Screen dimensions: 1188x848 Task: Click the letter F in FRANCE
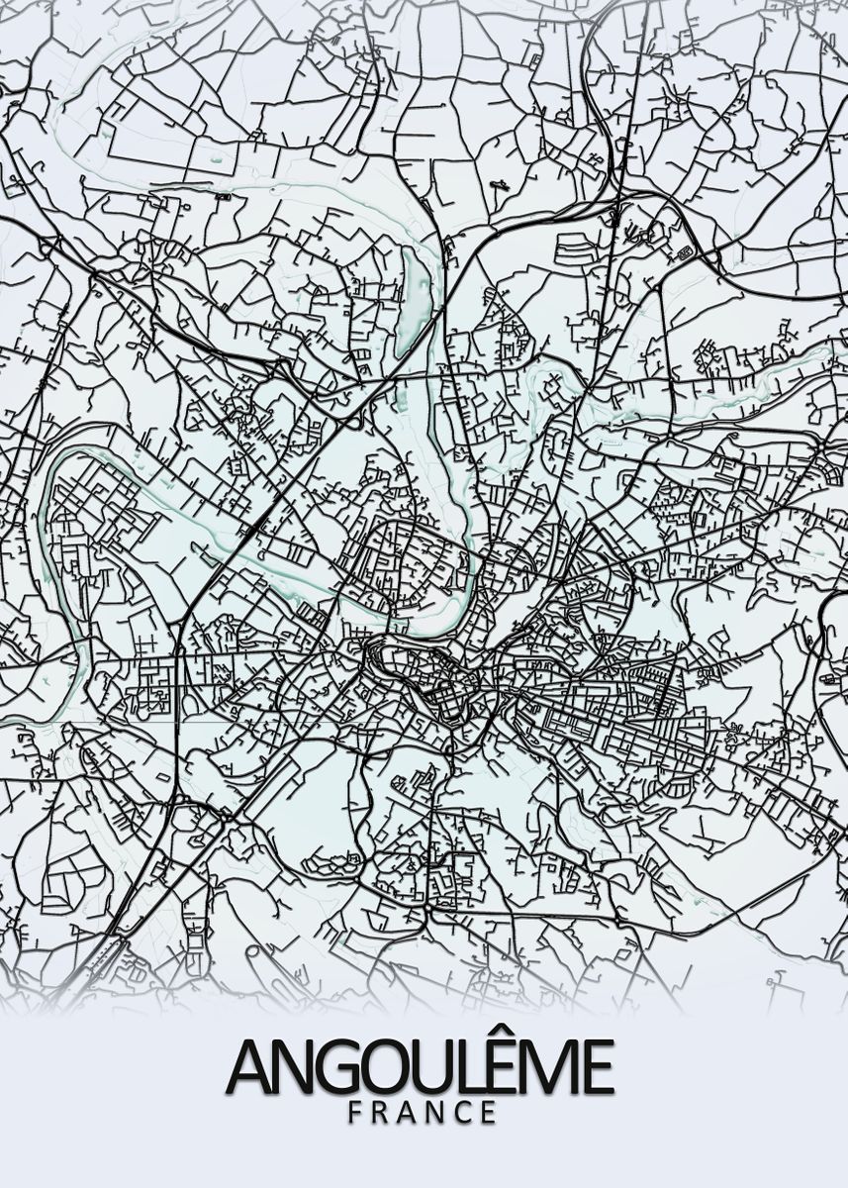pos(355,1112)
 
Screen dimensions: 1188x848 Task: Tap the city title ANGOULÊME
pos(420,1066)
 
